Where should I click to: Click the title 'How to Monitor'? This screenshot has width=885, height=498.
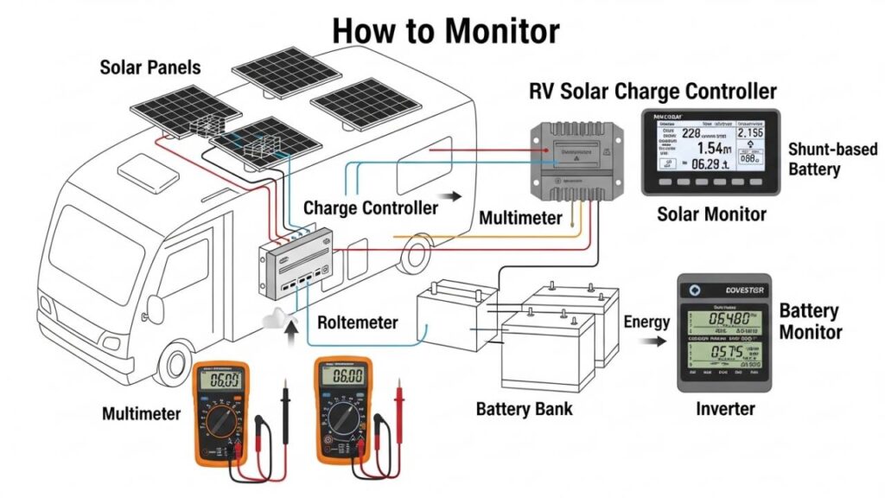(445, 30)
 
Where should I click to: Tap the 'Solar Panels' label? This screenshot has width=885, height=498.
(150, 67)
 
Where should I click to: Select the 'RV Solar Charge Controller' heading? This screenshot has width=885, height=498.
(653, 92)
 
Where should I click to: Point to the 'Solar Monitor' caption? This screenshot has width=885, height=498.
(710, 213)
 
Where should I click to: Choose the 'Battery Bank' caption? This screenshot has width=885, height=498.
(524, 408)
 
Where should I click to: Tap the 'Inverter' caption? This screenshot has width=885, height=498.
(725, 408)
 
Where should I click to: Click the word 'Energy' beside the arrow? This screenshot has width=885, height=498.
(646, 322)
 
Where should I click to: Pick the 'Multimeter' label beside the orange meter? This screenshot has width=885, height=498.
(142, 414)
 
